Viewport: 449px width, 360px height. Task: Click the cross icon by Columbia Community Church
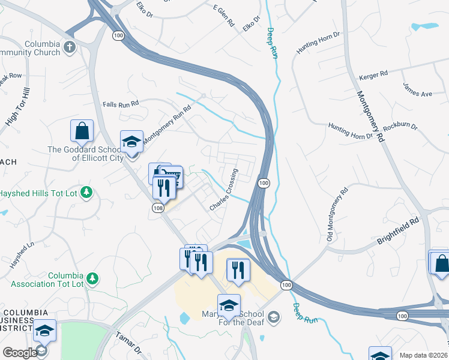pyautogui.click(x=70, y=47)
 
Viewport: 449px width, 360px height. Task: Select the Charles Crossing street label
pyautogui.click(x=223, y=190)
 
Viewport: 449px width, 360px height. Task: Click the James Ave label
pyautogui.click(x=418, y=90)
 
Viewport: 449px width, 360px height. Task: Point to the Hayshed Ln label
pyautogui.click(x=22, y=253)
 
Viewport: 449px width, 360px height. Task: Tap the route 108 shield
pyautogui.click(x=157, y=208)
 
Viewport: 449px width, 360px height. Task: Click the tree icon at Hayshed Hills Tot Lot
pyautogui.click(x=88, y=192)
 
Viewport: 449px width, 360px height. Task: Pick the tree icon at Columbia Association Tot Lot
pyautogui.click(x=92, y=278)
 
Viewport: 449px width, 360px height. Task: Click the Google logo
pyautogui.click(x=20, y=353)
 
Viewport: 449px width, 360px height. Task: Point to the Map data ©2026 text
pyautogui.click(x=423, y=355)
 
